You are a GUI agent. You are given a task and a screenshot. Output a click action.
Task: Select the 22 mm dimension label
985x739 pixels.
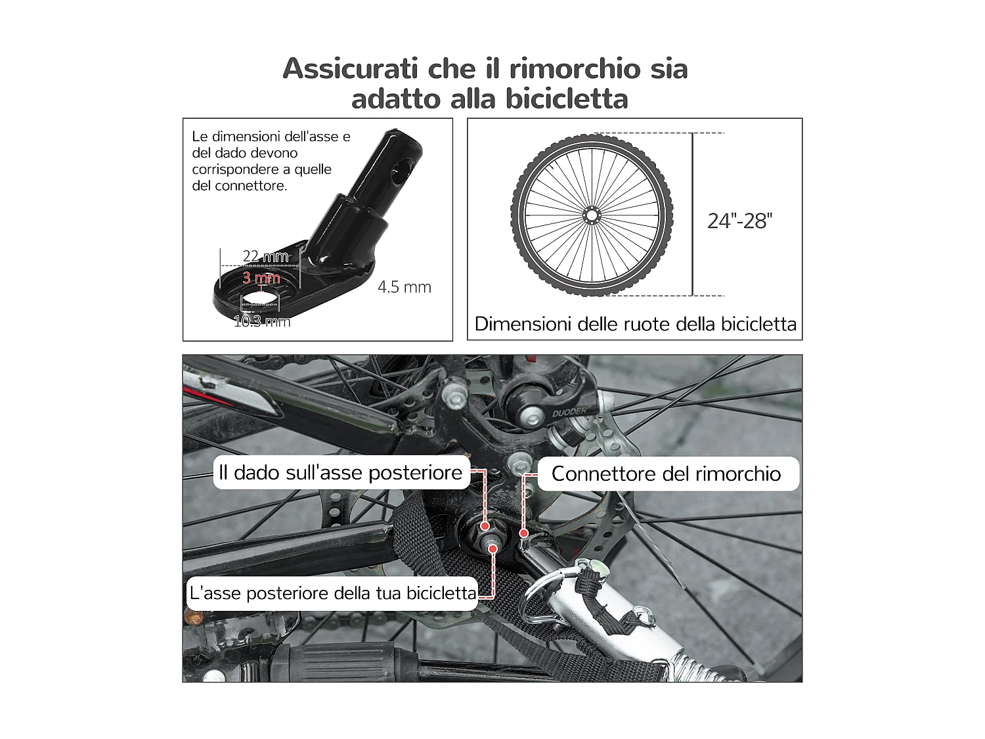pyautogui.click(x=265, y=256)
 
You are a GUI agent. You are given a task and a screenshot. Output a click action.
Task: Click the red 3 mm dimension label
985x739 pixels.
pyautogui.click(x=261, y=278)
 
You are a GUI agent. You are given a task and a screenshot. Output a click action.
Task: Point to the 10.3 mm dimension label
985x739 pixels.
pyautogui.click(x=262, y=321)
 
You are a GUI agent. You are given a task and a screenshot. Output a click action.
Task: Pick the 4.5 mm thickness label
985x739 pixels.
pyautogui.click(x=404, y=287)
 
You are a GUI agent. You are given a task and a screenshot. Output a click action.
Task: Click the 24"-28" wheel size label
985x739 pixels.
pyautogui.click(x=739, y=221)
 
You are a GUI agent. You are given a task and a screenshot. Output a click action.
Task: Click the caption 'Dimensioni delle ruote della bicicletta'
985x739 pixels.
pyautogui.click(x=635, y=324)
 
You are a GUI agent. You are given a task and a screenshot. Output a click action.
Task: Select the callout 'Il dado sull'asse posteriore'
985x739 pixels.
pyautogui.click(x=340, y=473)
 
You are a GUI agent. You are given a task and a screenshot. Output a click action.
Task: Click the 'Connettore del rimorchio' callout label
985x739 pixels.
pyautogui.click(x=666, y=474)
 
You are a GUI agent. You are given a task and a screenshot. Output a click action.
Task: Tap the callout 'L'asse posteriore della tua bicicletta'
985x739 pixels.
pyautogui.click(x=332, y=593)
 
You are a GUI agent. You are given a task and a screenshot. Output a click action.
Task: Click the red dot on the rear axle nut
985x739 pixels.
pyautogui.click(x=485, y=526)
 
